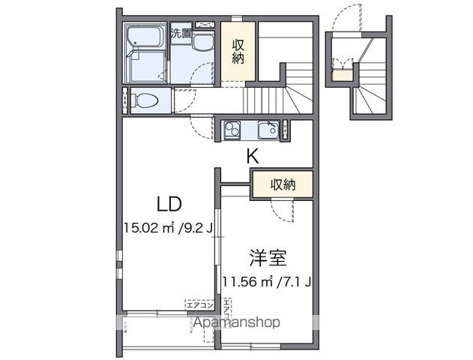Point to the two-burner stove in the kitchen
tap(231, 130)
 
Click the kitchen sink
tap(267, 130)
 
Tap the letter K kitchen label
tap(253, 157)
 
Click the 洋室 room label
tap(268, 259)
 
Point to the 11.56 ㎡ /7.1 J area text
tap(267, 283)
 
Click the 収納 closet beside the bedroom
tap(282, 184)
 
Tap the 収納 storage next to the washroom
tap(238, 49)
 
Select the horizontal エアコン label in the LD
tap(200, 304)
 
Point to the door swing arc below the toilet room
tap(199, 126)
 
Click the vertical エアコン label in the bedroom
tap(227, 310)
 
